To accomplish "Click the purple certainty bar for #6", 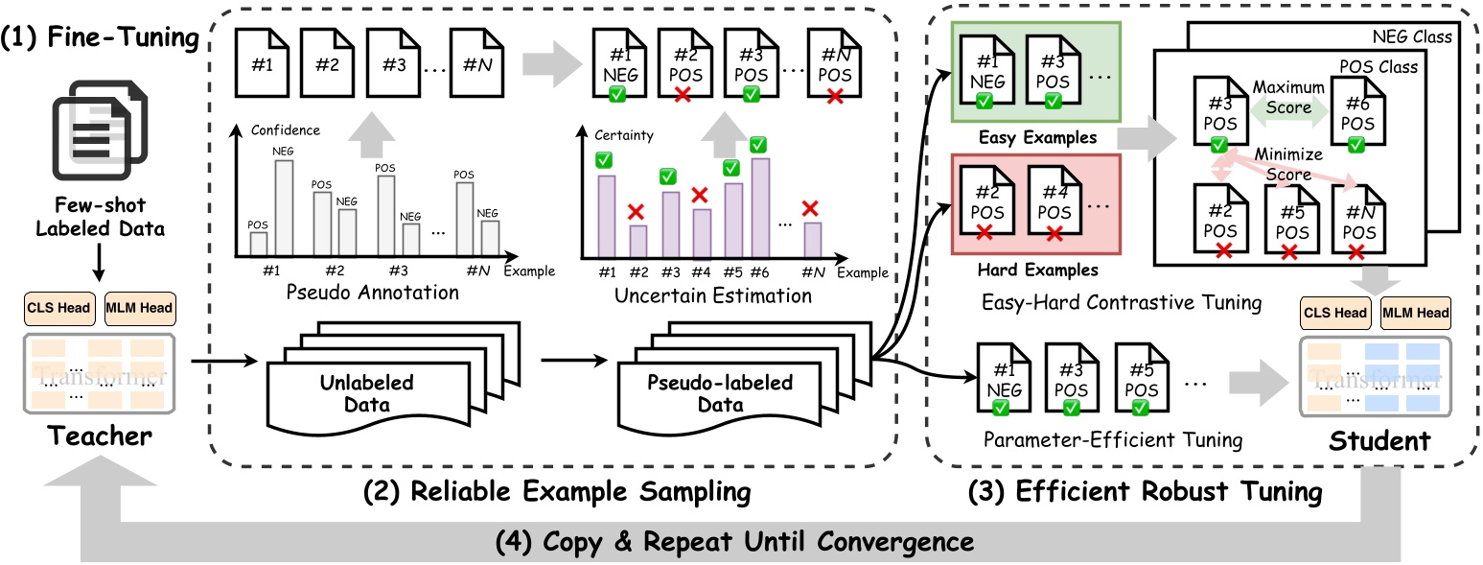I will click(761, 207).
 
